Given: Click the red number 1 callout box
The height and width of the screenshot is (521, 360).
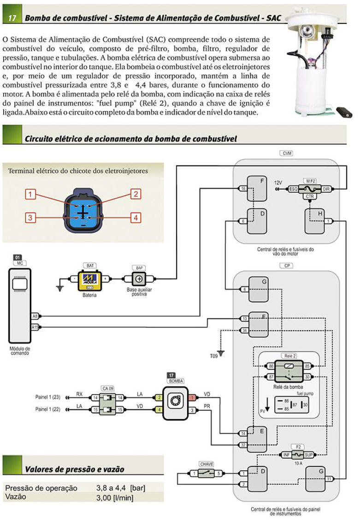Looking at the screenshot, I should coord(30,195).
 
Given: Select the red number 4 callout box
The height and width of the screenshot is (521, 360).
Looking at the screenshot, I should coord(136,217).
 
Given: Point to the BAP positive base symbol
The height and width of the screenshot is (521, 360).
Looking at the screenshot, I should coord(139,279).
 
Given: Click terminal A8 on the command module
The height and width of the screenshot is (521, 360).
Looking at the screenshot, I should coord(35,316).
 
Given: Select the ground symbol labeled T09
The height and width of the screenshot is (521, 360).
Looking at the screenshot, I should coord(221,353).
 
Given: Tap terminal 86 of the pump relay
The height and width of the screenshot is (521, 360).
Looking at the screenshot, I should coord(271,366).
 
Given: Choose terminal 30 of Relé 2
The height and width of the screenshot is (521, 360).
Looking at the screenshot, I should coord(307,377).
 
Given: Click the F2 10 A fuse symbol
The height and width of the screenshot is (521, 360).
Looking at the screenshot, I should coord(297,454).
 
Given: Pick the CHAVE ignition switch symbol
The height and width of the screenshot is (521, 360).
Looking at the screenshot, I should coord(206,474).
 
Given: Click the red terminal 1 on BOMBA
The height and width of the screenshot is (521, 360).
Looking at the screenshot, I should coord(192,397).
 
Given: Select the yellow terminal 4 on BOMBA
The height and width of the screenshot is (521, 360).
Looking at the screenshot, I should coord(159,409).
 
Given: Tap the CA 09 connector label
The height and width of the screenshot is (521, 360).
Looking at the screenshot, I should coord(107,389).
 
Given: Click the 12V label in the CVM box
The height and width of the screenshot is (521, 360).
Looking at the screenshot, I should coord(277,183).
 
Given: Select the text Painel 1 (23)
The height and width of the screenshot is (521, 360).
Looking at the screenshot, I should coord(48,397).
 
